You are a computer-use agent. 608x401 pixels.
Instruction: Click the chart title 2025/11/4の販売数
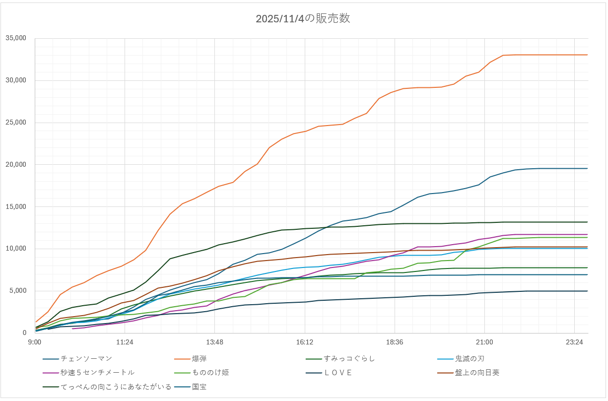click(303, 19)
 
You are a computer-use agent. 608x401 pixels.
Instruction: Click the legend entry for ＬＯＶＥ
click(338, 372)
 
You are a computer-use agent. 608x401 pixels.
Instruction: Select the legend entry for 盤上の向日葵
click(477, 372)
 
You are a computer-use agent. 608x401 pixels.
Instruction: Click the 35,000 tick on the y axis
click(16, 38)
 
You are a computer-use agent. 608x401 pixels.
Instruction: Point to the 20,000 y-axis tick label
click(16, 165)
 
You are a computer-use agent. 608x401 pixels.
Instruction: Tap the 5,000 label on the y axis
click(18, 291)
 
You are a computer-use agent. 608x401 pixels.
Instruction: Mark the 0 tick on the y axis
click(24, 333)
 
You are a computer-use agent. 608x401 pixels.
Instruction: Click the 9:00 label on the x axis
click(35, 342)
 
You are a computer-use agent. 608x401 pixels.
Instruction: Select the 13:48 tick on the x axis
click(214, 342)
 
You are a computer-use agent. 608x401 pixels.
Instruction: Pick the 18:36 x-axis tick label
click(394, 342)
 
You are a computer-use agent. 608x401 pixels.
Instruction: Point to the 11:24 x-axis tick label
click(125, 342)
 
